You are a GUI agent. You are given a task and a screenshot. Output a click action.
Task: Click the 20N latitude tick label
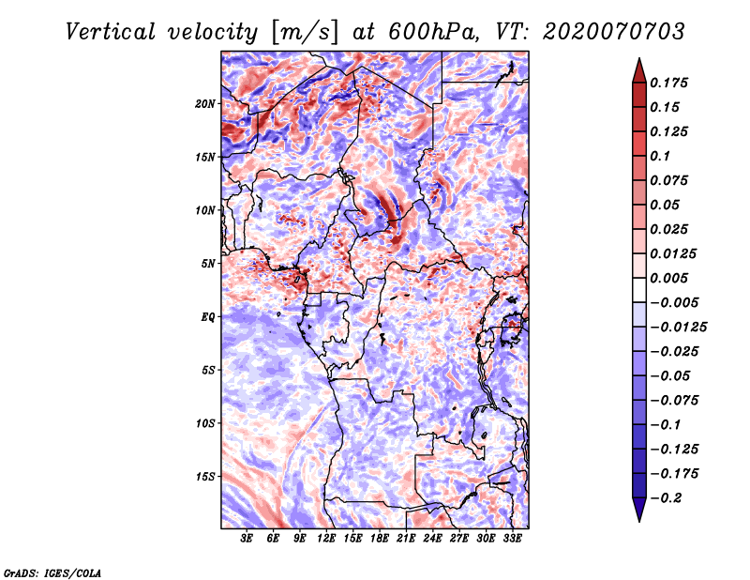tap(205, 104)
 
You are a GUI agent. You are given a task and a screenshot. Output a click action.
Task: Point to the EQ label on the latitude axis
tap(207, 317)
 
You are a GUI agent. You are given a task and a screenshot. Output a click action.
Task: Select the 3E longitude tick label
tap(247, 539)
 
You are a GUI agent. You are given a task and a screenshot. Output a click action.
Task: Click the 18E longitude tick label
tap(380, 539)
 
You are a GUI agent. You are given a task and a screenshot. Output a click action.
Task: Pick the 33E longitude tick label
tap(512, 539)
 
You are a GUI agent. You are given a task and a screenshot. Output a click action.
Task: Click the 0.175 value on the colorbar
tap(669, 83)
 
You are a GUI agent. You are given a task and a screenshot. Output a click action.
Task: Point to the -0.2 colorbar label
tap(666, 498)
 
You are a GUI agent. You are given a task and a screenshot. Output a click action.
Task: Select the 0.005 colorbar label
tap(669, 278)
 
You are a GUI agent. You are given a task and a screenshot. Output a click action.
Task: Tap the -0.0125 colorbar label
tap(678, 328)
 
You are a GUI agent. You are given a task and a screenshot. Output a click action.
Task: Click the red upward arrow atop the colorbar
tap(639, 70)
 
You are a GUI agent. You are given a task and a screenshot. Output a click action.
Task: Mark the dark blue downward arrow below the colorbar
tap(639, 510)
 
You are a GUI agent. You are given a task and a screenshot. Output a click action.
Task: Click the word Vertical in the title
tap(110, 32)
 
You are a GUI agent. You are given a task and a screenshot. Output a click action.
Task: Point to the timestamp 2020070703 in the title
tap(614, 32)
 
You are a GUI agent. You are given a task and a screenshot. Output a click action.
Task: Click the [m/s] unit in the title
tap(305, 33)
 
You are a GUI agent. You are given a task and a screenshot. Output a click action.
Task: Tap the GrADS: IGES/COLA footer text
tap(52, 572)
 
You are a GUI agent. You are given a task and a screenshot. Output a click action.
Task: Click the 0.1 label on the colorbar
tap(660, 156)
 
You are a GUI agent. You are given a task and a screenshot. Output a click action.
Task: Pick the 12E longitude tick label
tap(326, 539)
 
